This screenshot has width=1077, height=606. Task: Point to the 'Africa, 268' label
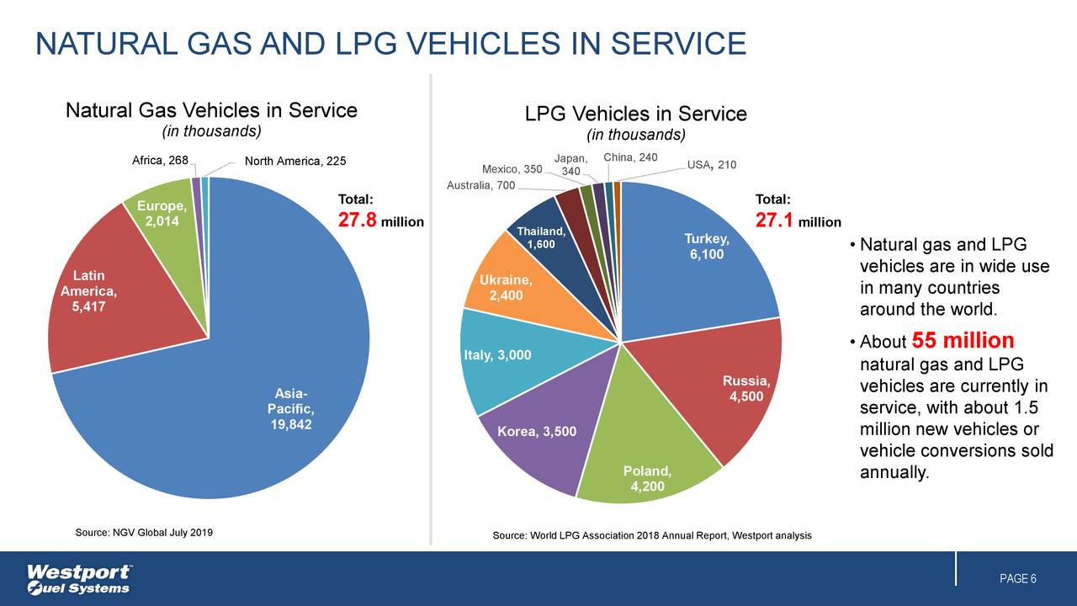click(x=159, y=161)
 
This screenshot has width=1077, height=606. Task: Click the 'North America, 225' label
click(x=294, y=162)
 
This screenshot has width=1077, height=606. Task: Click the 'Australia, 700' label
click(x=481, y=185)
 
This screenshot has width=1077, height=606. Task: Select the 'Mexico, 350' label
click(x=512, y=169)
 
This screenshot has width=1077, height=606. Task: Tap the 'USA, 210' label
click(x=712, y=165)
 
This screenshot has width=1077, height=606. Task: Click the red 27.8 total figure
click(x=357, y=221)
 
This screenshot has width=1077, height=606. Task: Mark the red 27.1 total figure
click(x=774, y=221)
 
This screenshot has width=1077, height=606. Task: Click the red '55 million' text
click(x=963, y=341)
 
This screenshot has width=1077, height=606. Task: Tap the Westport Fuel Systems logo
click(x=79, y=579)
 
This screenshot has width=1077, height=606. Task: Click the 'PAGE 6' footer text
click(x=1017, y=579)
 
